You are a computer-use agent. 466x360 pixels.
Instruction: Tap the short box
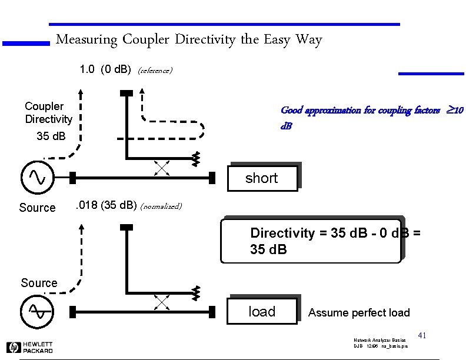pos(262,178)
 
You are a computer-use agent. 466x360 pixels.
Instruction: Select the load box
pos(262,311)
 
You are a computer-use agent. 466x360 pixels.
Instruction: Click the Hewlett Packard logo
pos(29,347)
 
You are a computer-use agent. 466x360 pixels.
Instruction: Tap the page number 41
pos(422,335)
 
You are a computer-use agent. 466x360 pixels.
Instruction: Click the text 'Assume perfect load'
pos(359,312)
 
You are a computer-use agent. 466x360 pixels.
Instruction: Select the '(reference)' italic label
pos(155,71)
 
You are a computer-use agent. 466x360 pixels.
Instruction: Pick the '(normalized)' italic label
pos(162,206)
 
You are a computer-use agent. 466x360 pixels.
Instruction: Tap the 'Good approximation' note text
pos(372,118)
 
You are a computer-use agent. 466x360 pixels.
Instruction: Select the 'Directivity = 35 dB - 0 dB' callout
pos(311,241)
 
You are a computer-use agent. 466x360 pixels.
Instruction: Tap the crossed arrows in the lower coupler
pos(162,302)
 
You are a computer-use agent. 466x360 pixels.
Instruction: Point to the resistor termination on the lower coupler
pos(197,292)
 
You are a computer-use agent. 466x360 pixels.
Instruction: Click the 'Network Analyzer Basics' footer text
pos(380,341)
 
